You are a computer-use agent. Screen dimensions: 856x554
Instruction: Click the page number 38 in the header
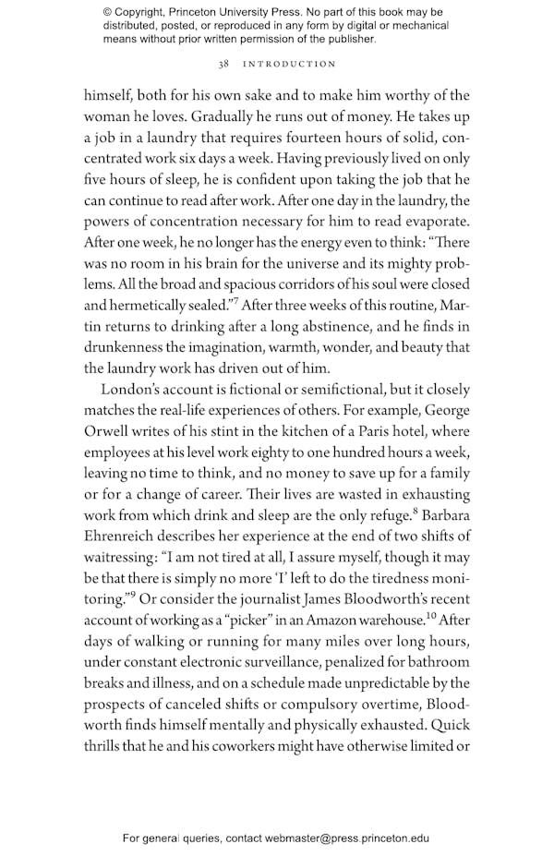tap(223, 64)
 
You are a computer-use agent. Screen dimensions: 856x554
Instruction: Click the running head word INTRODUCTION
tap(289, 64)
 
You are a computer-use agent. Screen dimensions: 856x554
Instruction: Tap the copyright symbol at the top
tap(108, 12)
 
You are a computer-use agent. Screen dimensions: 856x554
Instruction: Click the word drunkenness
tap(126, 348)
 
